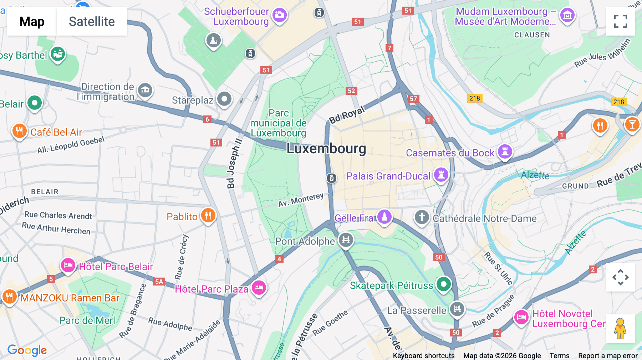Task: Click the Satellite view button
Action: coord(92,21)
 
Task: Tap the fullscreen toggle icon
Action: coord(620,21)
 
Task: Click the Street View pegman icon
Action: coord(620,329)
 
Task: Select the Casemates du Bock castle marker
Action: coord(505,151)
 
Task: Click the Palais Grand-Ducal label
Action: coord(388,176)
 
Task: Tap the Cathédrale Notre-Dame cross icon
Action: coord(422,217)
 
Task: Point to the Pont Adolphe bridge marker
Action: coord(346,240)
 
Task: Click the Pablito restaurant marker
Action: coord(208,215)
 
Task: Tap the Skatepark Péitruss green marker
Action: coord(443,284)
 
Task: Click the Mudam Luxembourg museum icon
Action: coord(567,15)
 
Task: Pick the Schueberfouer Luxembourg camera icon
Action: coord(280,15)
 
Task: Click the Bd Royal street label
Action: coord(347,115)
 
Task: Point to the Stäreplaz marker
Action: coord(224,99)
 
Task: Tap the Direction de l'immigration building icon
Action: coord(145,90)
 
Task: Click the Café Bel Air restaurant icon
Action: coord(19,131)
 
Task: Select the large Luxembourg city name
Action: coord(326,149)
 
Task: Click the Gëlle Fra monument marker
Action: coord(384,216)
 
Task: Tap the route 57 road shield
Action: coord(413,99)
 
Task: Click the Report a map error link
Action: coord(607,355)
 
